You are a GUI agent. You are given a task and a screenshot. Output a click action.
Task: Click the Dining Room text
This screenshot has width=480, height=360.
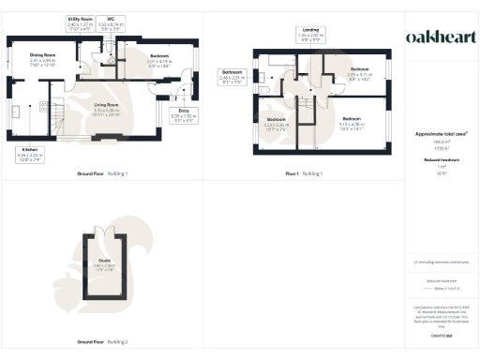tap(43, 59)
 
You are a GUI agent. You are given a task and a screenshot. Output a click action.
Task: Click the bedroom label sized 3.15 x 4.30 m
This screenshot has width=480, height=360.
tap(352, 122)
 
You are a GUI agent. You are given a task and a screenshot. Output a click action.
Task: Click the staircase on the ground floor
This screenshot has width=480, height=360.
tap(55, 117)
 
